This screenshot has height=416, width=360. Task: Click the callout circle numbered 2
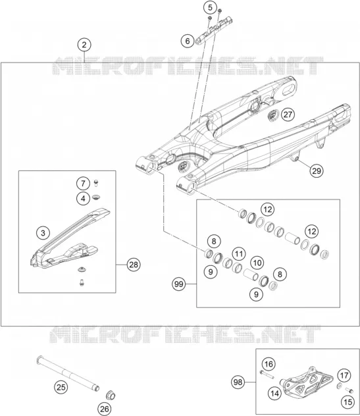[x=84, y=45]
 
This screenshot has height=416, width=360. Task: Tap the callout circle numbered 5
[x=210, y=7]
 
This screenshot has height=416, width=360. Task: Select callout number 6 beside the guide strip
[x=188, y=41]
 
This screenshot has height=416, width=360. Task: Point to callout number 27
[x=288, y=115]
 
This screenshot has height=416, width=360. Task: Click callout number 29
[x=317, y=170]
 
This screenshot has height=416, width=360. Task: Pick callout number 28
[x=134, y=265]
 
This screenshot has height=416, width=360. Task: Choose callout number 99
[x=179, y=284]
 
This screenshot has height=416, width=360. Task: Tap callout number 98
[x=238, y=382]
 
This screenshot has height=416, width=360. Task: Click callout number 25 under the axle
[x=61, y=387]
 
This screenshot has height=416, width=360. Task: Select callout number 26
[x=104, y=409]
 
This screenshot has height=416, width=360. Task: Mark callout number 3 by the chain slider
[x=43, y=233]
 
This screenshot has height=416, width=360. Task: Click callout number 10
[x=257, y=263]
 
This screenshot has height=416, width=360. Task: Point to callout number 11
[x=239, y=254]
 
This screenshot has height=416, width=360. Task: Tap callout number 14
[x=275, y=393]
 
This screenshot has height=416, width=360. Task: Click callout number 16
[x=269, y=364]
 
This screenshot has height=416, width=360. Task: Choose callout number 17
[x=344, y=376]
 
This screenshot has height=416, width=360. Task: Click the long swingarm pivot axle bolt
[x=68, y=373]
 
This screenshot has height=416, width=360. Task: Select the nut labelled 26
[x=111, y=396]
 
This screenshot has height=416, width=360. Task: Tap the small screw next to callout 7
[x=96, y=183]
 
